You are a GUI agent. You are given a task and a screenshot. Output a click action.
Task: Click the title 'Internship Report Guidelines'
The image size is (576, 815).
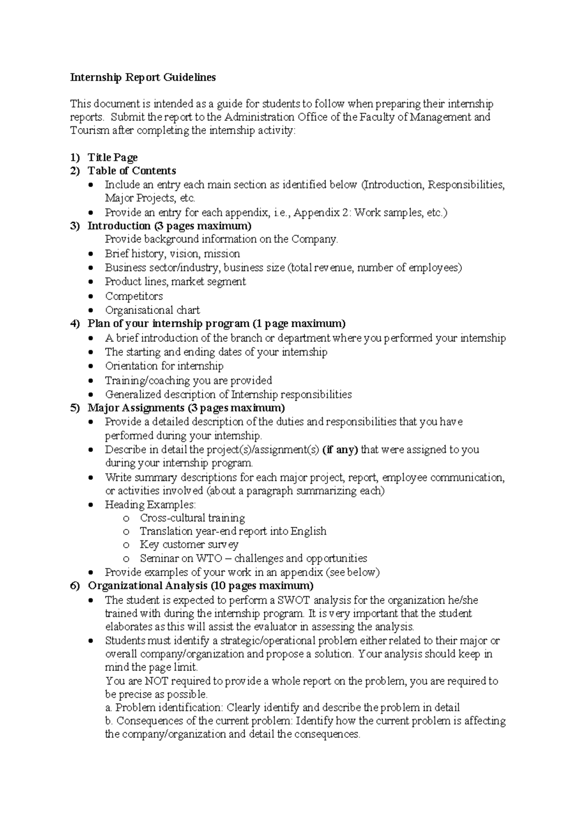click(x=143, y=77)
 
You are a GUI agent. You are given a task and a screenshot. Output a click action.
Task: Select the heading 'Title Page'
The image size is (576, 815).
click(x=112, y=157)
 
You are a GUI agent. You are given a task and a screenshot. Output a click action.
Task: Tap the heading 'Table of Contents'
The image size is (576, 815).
click(x=132, y=171)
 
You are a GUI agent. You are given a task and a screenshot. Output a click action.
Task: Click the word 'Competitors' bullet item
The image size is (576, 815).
click(x=134, y=296)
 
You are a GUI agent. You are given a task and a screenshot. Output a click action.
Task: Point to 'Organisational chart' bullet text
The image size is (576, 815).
click(x=152, y=310)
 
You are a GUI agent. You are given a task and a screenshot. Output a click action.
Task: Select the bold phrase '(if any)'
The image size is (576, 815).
click(x=340, y=450)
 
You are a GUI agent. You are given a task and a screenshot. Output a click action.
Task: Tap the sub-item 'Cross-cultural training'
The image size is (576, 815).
click(x=192, y=518)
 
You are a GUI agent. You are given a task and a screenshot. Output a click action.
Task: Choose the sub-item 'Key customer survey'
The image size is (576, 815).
click(x=189, y=545)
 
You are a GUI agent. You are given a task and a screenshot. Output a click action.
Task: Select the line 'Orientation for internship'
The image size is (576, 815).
click(x=164, y=366)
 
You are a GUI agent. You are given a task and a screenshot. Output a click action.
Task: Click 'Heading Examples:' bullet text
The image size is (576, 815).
click(x=150, y=504)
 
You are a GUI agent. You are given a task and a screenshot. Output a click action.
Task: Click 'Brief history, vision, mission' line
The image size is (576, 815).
click(x=172, y=254)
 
